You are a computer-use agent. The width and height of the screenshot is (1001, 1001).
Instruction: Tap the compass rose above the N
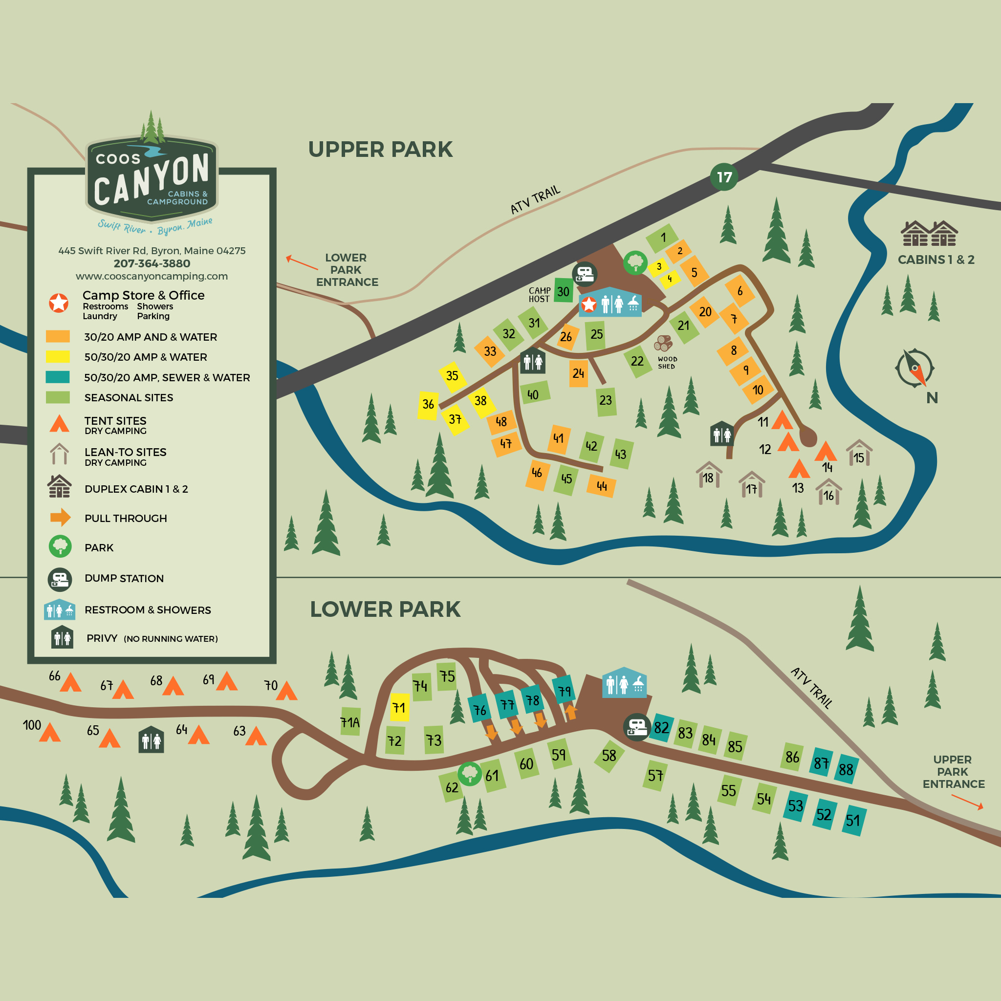click(914, 368)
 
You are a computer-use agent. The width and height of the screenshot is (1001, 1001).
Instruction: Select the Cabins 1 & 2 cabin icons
click(929, 233)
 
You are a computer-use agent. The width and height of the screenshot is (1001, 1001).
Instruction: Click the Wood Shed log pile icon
click(663, 343)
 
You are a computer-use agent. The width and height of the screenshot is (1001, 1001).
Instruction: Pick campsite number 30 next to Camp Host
click(563, 291)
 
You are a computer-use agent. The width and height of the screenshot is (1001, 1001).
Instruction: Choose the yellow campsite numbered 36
click(428, 405)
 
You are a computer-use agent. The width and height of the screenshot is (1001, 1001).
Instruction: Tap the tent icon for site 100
click(50, 732)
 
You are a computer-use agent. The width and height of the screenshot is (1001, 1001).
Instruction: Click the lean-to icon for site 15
click(859, 452)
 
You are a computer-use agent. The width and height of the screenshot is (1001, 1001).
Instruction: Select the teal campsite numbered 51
click(853, 820)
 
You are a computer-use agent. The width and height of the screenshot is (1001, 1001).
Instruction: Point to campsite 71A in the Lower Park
click(350, 722)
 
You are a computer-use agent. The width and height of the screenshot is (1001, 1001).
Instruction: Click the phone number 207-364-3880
click(152, 263)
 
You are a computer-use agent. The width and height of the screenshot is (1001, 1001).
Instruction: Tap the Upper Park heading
click(380, 149)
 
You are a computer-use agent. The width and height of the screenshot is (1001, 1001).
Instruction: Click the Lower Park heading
click(385, 609)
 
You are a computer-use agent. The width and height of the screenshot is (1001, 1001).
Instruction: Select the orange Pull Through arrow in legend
click(60, 518)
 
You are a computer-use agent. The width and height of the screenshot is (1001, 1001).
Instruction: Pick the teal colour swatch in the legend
click(58, 377)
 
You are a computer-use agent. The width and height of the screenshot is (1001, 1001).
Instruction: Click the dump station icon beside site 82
click(637, 727)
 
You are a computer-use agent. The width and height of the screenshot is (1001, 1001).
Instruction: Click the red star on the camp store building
click(588, 305)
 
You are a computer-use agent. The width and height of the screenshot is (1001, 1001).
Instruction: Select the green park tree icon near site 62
click(470, 774)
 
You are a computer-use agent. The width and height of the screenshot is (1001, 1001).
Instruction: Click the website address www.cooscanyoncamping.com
click(152, 276)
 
